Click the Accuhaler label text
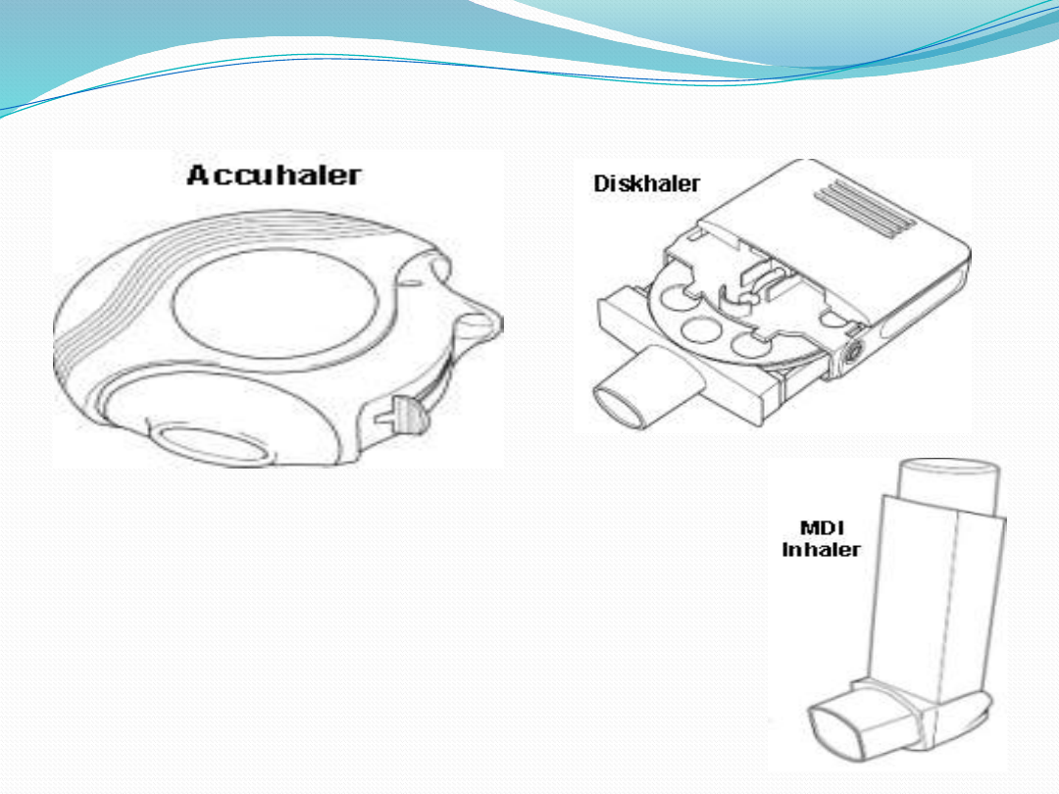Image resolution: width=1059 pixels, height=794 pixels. pos(274,174)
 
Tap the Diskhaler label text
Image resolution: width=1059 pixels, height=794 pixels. pos(646,183)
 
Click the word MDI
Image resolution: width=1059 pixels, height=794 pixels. pos(822,527)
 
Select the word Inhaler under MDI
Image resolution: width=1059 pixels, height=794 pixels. pos(821,550)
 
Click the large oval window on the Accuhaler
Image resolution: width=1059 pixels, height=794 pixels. pos(276,303)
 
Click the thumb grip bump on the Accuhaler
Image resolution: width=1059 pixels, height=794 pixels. pos(479,325)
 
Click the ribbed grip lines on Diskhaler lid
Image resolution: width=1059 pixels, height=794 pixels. pos(865,208)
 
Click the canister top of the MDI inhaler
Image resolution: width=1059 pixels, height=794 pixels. pos(947,486)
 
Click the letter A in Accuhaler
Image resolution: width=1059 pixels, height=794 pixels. pos(198,174)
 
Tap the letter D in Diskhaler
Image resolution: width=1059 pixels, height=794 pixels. pos(600,183)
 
